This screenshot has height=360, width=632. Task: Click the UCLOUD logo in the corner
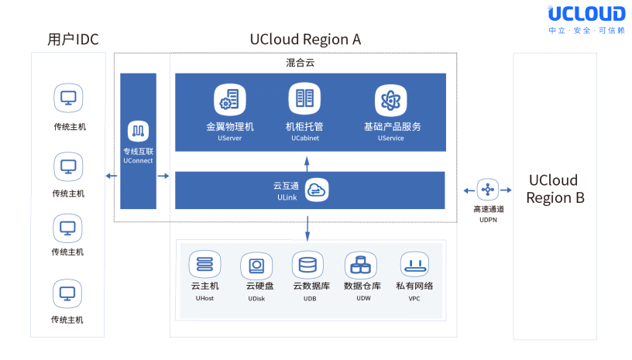click(x=586, y=15)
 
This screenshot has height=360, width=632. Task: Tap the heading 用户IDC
click(x=73, y=39)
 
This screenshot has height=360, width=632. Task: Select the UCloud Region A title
click(x=305, y=39)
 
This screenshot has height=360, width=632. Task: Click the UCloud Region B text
click(x=555, y=188)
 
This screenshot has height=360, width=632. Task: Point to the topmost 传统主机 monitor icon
click(x=68, y=99)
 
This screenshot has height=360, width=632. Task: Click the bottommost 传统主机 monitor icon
click(x=68, y=294)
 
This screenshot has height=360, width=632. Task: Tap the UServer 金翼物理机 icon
click(x=229, y=100)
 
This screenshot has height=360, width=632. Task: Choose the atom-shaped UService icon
click(x=390, y=100)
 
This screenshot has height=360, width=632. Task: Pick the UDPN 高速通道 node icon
click(x=487, y=189)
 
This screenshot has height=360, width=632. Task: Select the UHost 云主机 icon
click(x=204, y=266)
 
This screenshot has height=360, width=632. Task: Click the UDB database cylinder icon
click(x=307, y=266)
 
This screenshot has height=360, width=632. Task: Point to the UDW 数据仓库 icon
click(x=359, y=266)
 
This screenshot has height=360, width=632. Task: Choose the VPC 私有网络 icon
click(x=415, y=266)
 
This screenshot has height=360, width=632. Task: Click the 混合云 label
click(x=298, y=61)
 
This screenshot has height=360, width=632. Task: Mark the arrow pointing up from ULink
click(x=307, y=162)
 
